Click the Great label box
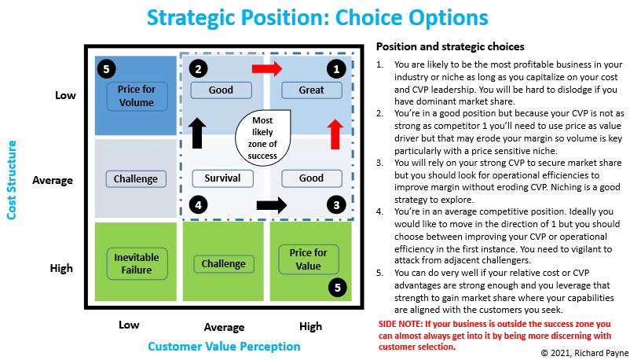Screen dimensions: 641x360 click(x=312, y=90)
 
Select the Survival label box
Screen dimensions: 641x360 click(x=222, y=178)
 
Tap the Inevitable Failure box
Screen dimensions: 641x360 click(x=137, y=264)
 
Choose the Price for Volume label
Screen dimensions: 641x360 click(x=137, y=96)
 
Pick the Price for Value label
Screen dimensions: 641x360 click(x=309, y=259)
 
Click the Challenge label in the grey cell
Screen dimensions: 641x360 click(x=136, y=178)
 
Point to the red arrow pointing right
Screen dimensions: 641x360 click(x=267, y=68)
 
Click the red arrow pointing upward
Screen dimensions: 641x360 click(x=335, y=134)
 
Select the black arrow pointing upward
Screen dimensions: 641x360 click(x=197, y=133)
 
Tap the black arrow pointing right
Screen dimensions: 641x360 click(x=272, y=205)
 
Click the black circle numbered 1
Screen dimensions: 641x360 click(x=336, y=69)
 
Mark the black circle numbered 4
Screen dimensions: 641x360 click(x=198, y=204)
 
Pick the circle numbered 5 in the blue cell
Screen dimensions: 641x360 click(x=106, y=68)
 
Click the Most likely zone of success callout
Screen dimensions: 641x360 click(x=263, y=138)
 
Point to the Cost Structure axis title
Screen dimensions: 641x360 click(x=12, y=180)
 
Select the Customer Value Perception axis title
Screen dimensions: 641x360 click(x=224, y=347)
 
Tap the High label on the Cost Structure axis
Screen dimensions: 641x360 click(x=61, y=268)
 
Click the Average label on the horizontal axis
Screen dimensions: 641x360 click(x=224, y=327)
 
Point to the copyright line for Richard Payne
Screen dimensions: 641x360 click(x=584, y=353)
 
